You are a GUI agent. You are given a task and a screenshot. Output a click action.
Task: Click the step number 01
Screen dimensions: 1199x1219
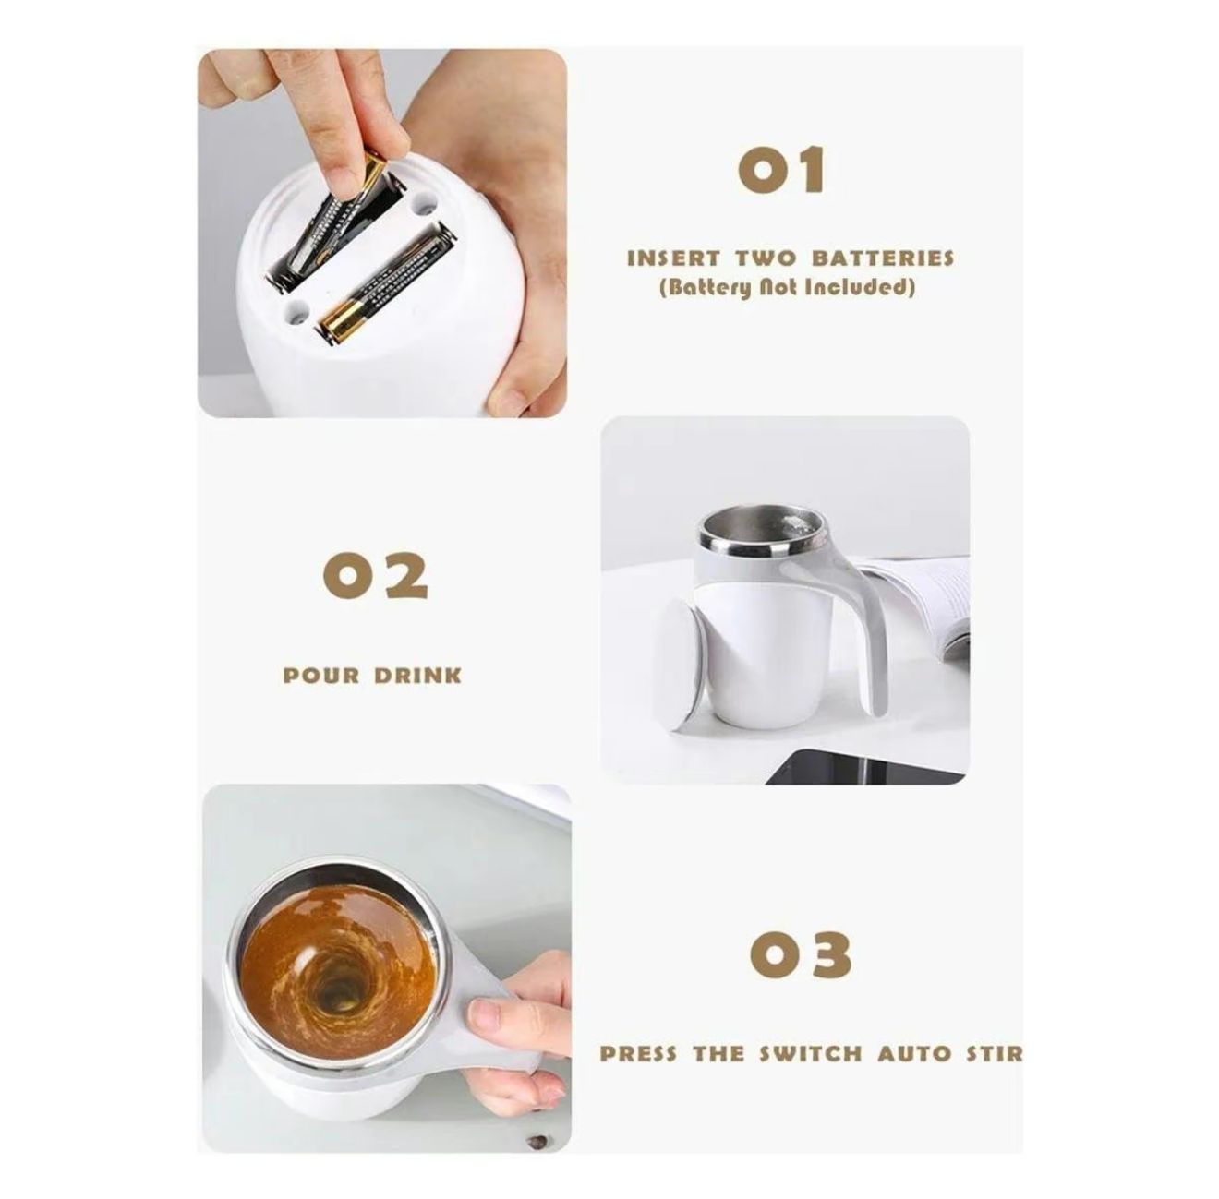(x=781, y=172)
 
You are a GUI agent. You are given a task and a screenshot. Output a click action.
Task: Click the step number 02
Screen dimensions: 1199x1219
(x=376, y=576)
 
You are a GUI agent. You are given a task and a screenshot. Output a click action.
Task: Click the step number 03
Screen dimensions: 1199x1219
(x=801, y=955)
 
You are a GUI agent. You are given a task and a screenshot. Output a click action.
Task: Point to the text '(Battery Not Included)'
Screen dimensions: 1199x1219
(x=788, y=287)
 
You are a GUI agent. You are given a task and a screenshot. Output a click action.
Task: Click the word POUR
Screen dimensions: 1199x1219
(x=320, y=676)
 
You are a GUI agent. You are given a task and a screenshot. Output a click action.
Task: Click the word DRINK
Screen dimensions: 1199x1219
(x=417, y=676)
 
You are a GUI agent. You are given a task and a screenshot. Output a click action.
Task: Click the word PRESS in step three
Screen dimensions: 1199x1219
(x=637, y=1053)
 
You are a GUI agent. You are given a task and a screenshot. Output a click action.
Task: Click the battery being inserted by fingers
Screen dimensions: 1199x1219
(x=332, y=222)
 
